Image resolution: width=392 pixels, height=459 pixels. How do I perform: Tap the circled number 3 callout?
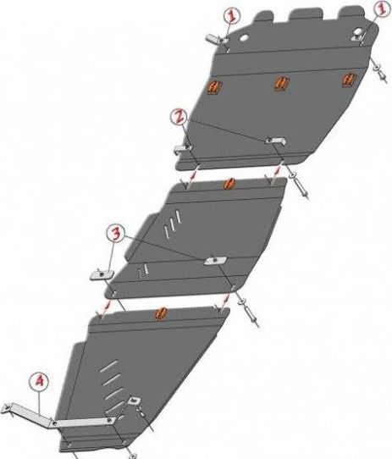click(116, 234)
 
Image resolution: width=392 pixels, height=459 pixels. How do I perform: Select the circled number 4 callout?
click(39, 382)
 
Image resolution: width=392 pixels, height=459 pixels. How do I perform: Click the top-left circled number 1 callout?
click(232, 15)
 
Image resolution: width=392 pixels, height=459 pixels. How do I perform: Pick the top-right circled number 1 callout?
click(384, 8)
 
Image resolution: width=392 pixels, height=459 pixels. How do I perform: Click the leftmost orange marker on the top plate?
click(214, 86)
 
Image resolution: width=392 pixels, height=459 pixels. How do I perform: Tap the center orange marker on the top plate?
click(282, 82)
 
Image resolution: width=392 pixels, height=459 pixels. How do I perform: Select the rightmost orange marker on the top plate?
click(349, 79)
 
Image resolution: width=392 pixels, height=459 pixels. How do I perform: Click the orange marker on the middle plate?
click(229, 184)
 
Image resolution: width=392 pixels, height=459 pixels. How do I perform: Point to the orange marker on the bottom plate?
click(162, 313)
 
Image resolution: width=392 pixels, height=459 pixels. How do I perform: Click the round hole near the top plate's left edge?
click(244, 38)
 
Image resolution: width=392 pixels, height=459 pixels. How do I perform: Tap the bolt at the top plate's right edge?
click(378, 71)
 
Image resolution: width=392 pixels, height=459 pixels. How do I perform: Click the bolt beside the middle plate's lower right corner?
click(249, 311)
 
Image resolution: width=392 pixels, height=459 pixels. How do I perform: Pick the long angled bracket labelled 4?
click(58, 418)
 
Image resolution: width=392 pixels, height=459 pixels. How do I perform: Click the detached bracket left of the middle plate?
click(102, 274)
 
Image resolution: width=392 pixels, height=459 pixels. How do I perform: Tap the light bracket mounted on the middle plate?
click(215, 260)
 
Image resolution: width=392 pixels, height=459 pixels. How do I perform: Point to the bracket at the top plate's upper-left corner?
click(217, 39)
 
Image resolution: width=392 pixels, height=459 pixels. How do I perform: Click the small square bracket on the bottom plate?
click(134, 401)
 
